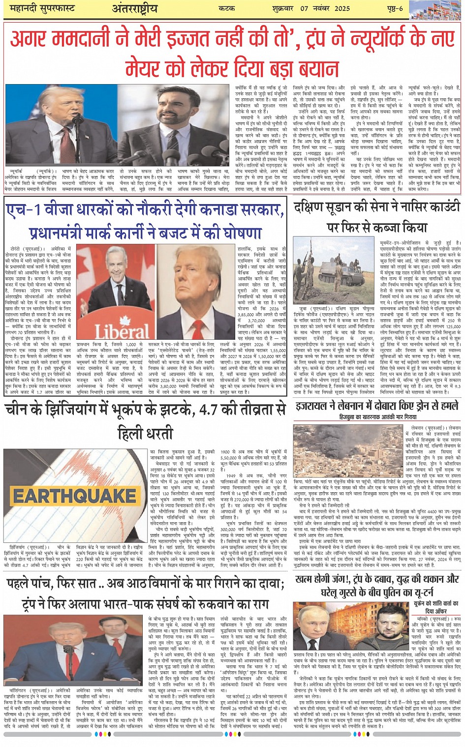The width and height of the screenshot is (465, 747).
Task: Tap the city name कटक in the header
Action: (228, 8)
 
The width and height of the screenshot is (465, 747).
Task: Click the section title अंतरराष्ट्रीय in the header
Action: (134, 8)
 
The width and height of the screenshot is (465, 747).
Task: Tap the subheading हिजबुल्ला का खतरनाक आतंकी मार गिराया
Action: (377, 417)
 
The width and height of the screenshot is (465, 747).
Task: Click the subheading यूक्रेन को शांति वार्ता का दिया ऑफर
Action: (435, 606)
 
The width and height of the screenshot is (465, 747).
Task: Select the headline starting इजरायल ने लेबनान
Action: (377, 406)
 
